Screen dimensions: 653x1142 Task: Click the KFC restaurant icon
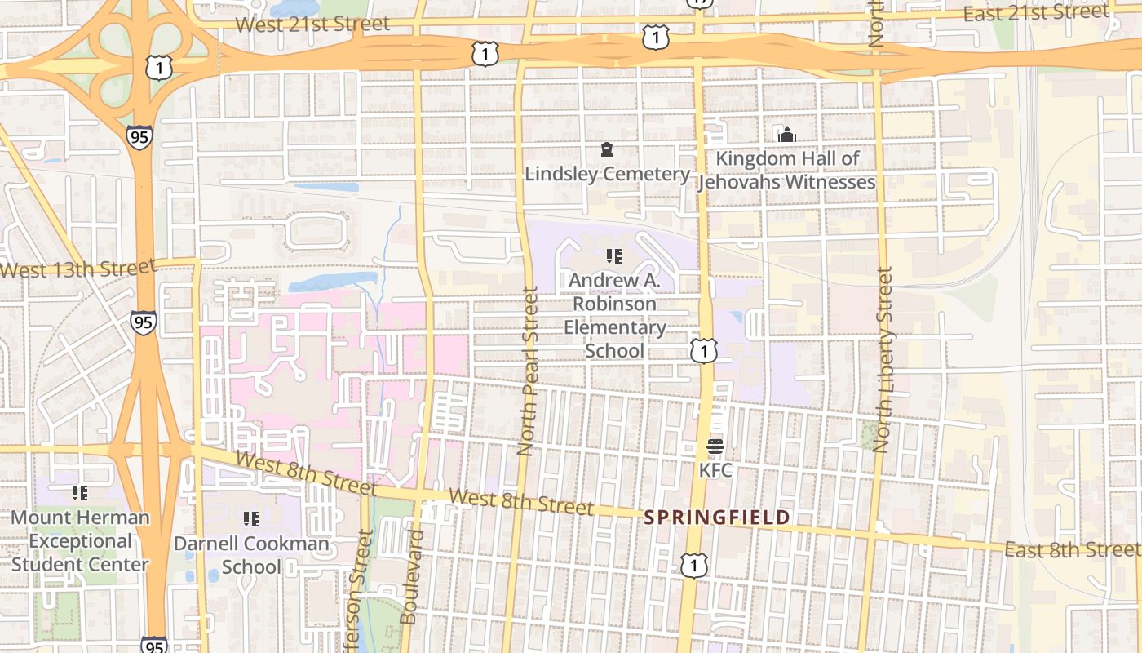(x=715, y=446)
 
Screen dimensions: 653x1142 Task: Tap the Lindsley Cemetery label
(x=607, y=174)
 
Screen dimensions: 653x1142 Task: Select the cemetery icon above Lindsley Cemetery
(x=607, y=149)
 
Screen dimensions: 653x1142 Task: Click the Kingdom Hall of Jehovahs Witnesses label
(x=787, y=170)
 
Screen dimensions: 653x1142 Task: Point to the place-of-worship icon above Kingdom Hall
(x=787, y=135)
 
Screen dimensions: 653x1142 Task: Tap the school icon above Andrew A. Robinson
(x=614, y=257)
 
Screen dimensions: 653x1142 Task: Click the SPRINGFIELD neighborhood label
(x=717, y=518)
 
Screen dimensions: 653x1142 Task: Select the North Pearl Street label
(x=528, y=371)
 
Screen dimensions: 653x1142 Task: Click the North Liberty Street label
(x=883, y=359)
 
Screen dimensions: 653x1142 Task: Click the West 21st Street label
(x=312, y=24)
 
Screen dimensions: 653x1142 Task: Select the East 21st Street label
(x=1036, y=13)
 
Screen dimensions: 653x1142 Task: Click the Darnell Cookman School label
(x=251, y=555)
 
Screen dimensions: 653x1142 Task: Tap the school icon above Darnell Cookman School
(x=251, y=518)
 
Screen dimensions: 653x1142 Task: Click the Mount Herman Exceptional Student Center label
(x=80, y=540)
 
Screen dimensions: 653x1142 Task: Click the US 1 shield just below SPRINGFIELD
(x=694, y=565)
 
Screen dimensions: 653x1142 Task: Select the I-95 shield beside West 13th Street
(x=144, y=322)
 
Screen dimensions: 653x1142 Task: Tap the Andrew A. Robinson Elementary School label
(x=614, y=316)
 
